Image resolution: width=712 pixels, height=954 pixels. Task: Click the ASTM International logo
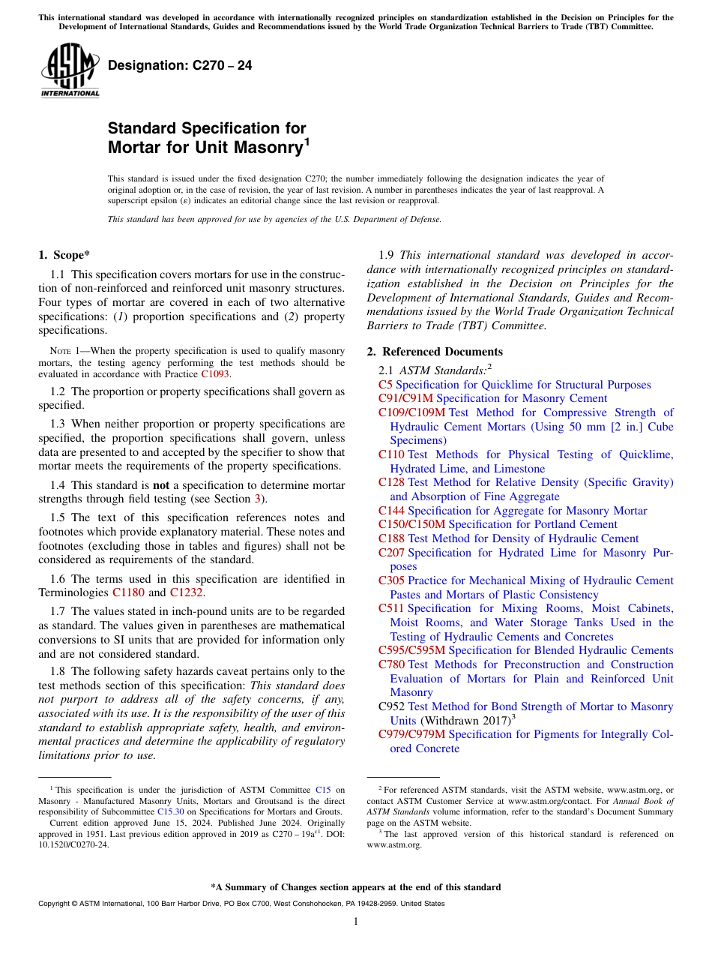coord(70,70)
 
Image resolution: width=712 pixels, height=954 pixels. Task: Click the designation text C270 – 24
coord(180,66)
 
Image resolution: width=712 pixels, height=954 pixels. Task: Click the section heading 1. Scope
coord(65,255)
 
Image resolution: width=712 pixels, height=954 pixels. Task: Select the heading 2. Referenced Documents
coord(435,352)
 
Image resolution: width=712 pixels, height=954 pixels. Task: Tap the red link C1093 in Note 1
coord(216,373)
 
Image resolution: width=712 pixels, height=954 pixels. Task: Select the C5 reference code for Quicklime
coord(385,385)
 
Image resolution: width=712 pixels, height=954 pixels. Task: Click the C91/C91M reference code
coord(405,398)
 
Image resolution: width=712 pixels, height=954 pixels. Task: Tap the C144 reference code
coord(391,511)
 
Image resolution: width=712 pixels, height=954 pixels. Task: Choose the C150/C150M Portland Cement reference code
coord(411,524)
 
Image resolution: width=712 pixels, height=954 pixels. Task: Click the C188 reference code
coord(391,538)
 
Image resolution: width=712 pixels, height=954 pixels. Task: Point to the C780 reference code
coord(391,664)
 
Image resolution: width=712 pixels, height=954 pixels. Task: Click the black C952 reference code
coord(392,706)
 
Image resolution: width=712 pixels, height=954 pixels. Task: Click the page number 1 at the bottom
coord(356,921)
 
